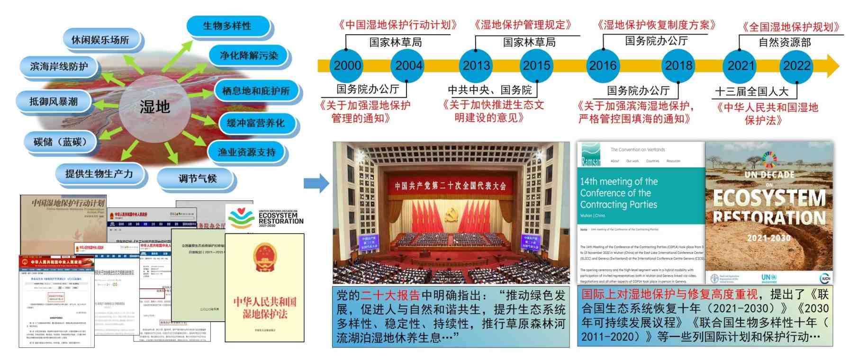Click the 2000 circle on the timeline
347,65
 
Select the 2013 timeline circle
476,65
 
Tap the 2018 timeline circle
678,65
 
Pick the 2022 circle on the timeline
796,65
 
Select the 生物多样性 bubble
227,26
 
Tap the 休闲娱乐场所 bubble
100,40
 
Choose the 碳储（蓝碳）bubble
60,142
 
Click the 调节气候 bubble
197,179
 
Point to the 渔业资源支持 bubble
246,152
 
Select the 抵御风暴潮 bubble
54,101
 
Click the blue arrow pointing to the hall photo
316,183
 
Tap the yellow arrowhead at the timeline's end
832,65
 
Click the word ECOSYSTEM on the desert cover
769,198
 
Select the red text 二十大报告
390,296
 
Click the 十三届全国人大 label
752,91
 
